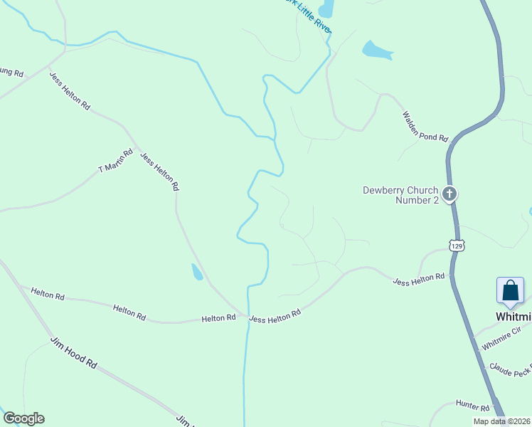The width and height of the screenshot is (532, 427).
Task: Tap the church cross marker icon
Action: coord(449,194)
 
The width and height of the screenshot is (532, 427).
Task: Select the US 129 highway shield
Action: coord(457,246)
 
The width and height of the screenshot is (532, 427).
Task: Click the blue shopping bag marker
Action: coord(510,290)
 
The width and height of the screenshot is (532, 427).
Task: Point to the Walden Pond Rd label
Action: coord(425,126)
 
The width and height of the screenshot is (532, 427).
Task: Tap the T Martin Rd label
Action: coord(115,161)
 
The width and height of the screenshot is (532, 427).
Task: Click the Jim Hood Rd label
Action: coord(73,352)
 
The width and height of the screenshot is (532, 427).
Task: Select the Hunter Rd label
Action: coord(473,406)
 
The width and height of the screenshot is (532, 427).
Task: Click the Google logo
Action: coord(23,418)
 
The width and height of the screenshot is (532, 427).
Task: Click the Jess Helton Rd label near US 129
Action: coord(419,279)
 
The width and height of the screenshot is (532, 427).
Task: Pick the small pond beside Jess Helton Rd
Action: coord(196,272)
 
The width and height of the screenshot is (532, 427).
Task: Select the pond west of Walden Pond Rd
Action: coord(377,50)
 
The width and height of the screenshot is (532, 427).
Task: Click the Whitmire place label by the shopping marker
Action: coord(514,316)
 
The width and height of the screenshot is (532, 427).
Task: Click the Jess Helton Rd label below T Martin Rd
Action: coord(159,172)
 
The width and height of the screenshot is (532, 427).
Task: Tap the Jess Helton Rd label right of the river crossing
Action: coord(275,315)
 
